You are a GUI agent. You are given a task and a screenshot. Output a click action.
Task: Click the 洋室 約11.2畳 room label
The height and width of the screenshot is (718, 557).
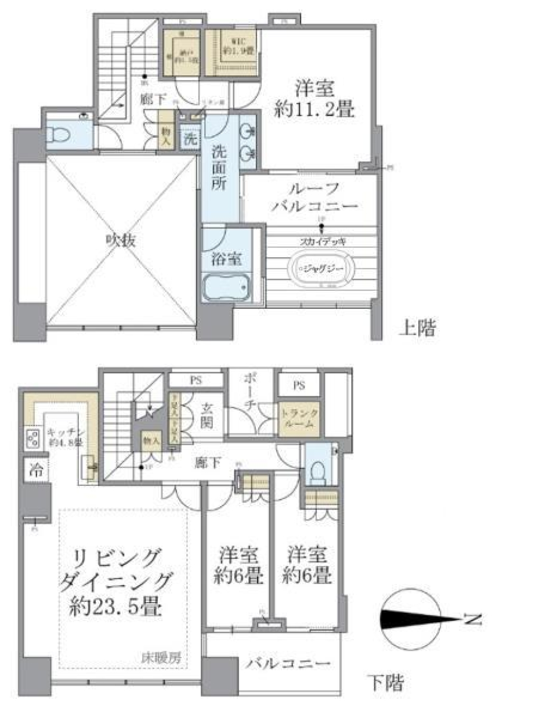point(314,99)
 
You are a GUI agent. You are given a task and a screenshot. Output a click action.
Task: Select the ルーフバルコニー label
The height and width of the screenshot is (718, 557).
point(313,197)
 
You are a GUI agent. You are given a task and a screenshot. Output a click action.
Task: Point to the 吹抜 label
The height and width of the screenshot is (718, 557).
point(121,239)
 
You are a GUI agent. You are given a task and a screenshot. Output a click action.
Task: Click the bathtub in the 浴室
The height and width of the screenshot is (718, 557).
point(226,286)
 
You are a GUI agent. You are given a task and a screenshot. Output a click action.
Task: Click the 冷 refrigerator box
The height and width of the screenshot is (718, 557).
point(36,470)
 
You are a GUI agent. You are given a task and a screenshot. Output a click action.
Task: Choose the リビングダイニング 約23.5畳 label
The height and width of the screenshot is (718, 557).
point(116,582)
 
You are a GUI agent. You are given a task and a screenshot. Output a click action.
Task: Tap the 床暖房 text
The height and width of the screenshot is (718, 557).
point(161,658)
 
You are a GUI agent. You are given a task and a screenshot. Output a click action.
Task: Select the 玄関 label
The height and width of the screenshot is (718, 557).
point(207,416)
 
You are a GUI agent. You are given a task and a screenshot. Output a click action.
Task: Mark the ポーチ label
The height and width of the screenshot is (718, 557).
point(249,393)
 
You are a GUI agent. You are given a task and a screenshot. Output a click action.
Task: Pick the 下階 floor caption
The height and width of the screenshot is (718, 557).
point(385,683)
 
